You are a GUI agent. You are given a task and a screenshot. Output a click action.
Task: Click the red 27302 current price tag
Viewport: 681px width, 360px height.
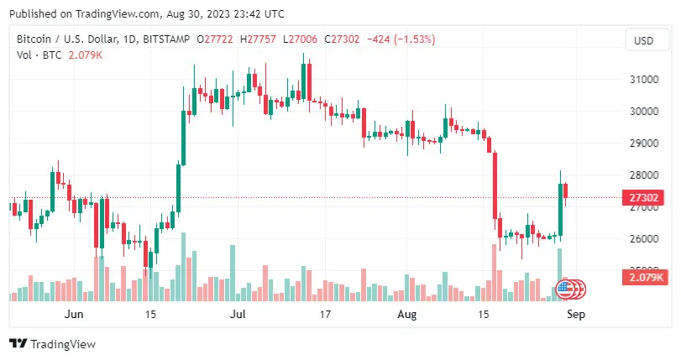pyautogui.click(x=642, y=198)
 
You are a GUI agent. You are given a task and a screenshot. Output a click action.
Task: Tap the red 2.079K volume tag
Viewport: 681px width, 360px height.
pyautogui.click(x=642, y=277)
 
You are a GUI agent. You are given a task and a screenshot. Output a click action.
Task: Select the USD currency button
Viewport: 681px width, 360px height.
pyautogui.click(x=643, y=40)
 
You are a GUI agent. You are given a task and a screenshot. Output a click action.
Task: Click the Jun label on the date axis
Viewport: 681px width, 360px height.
pyautogui.click(x=74, y=315)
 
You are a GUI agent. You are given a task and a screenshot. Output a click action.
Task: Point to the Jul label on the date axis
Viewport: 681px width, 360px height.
pyautogui.click(x=238, y=315)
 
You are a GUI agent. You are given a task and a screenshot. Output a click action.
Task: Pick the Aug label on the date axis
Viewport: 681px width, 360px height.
pyautogui.click(x=406, y=315)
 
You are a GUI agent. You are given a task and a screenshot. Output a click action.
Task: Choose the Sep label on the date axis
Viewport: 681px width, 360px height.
pyautogui.click(x=576, y=315)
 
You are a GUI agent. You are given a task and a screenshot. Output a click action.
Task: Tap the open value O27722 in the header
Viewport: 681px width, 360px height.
pyautogui.click(x=215, y=39)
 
